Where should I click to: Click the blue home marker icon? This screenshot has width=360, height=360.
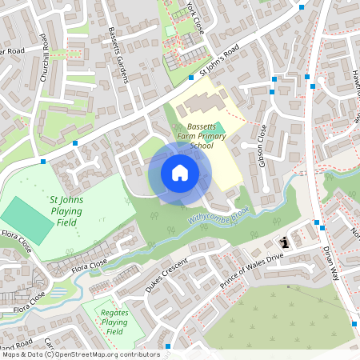[x=180, y=172]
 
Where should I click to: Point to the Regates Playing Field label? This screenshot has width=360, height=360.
[x=114, y=320]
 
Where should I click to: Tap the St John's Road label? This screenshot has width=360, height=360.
[x=220, y=60]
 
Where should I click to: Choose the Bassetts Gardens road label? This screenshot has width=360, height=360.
[x=118, y=55]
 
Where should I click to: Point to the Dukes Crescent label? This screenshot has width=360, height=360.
[x=166, y=274]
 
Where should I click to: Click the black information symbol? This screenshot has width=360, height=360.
[x=283, y=242]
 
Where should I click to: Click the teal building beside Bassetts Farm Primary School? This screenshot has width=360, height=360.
[x=220, y=128]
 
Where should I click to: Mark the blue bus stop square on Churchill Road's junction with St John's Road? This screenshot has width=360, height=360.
[x=75, y=142]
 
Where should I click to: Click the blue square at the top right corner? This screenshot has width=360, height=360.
[x=302, y=6]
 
